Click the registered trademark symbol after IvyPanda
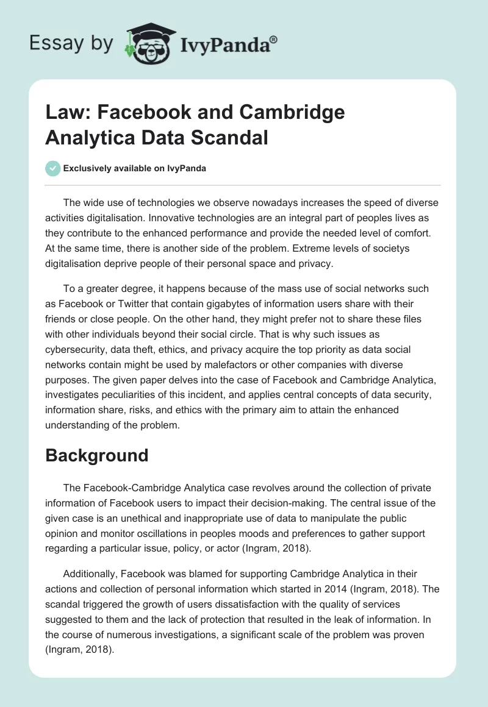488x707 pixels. coord(274,40)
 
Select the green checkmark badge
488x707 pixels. coord(53,168)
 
